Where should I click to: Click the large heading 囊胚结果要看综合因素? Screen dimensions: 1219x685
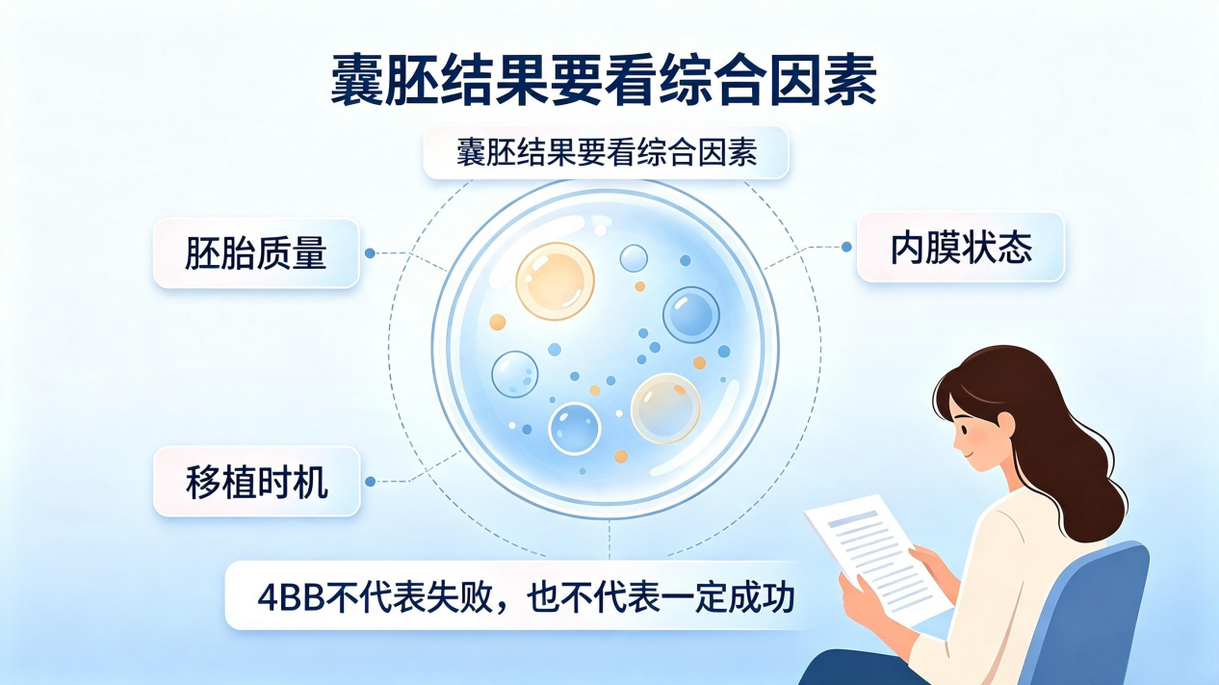click(604, 79)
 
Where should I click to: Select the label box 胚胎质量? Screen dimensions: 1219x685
click(256, 253)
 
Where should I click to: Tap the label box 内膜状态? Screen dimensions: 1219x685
click(961, 248)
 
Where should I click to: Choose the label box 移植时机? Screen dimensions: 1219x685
click(257, 482)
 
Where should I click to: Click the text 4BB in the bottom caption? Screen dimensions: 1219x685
click(291, 598)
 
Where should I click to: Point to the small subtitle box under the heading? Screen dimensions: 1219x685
click(607, 152)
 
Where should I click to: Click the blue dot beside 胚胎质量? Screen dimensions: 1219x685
click(370, 253)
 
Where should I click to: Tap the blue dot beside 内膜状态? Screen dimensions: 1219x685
click(846, 247)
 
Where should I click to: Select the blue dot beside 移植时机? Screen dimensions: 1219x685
click(370, 482)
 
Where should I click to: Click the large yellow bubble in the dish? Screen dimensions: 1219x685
click(555, 281)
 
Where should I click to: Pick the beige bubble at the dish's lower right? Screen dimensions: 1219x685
click(665, 408)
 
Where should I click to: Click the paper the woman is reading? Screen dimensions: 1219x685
click(877, 557)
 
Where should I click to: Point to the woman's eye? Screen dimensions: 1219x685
click(964, 430)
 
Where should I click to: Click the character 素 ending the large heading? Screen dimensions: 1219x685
click(850, 80)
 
